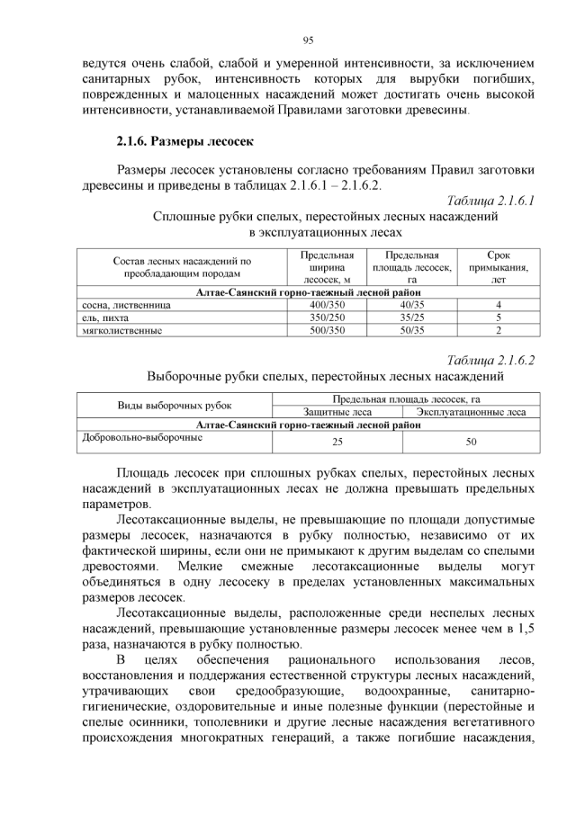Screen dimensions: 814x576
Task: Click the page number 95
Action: (308, 40)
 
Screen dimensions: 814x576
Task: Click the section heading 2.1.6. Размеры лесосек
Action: (186, 141)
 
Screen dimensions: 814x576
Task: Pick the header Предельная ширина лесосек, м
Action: (328, 267)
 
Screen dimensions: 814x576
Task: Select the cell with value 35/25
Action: (410, 318)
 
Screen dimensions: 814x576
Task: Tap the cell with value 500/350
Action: (328, 330)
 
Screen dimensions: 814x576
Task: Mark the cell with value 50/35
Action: (410, 330)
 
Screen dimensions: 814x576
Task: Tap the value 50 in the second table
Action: (471, 443)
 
